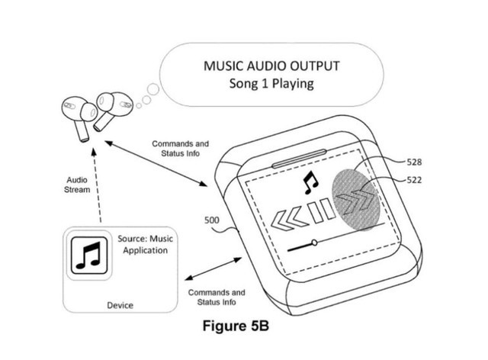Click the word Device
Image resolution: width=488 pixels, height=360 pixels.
click(x=119, y=305)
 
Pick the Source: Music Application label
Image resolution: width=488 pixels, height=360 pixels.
click(x=145, y=244)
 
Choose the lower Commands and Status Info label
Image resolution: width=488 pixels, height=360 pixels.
click(x=216, y=297)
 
